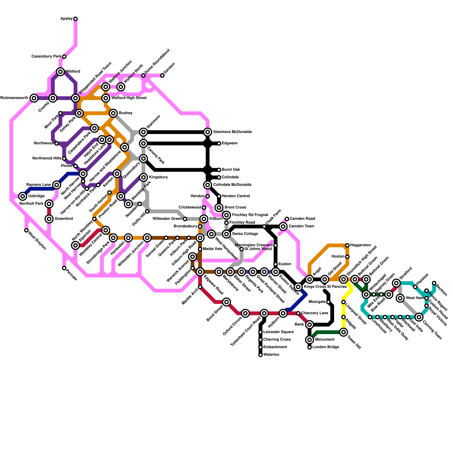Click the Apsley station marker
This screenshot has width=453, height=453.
(76, 19)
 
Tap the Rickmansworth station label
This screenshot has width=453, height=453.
(14, 98)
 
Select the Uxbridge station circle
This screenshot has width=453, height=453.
(23, 196)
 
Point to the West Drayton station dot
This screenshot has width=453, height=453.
(26, 230)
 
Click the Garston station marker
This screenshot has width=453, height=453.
(162, 76)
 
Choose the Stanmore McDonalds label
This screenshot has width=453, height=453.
(232, 132)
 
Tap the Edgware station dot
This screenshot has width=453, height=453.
(219, 144)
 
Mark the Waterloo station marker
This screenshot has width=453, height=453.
(260, 355)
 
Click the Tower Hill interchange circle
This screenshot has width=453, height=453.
(343, 332)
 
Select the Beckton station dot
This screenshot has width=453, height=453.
(434, 283)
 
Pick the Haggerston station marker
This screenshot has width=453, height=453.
(347, 245)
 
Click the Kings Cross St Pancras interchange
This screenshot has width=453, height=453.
(298, 287)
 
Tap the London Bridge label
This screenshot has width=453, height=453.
(326, 347)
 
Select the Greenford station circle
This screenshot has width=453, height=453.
(49, 219)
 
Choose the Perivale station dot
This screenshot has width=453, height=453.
(64, 268)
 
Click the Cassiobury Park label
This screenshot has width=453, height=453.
(46, 57)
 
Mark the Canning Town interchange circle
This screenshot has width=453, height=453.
(419, 317)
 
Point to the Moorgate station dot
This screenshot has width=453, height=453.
(328, 302)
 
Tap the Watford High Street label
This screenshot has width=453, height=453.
(129, 98)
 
